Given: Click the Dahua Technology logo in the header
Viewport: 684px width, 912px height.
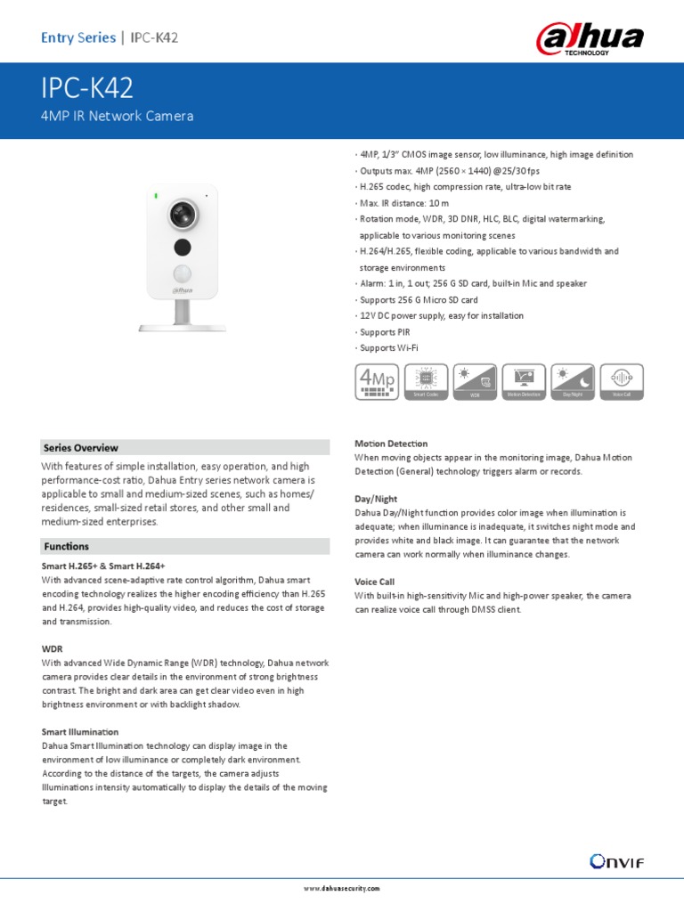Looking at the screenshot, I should tap(589, 38).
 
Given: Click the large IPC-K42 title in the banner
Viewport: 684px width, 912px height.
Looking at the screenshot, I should tap(87, 89).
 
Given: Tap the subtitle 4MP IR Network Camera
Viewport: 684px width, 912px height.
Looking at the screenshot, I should tap(117, 116).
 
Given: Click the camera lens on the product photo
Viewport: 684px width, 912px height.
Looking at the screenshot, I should tap(183, 213).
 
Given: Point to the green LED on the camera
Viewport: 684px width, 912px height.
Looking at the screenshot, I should tap(155, 195).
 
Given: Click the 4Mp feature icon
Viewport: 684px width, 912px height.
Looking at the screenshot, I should tap(376, 380).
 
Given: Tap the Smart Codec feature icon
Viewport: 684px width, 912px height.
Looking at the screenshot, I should tap(425, 380).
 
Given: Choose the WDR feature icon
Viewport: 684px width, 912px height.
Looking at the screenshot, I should tap(474, 380).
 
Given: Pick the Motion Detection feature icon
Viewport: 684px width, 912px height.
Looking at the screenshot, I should tap(524, 380).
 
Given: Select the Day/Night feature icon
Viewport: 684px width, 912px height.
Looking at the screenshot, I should tap(573, 380).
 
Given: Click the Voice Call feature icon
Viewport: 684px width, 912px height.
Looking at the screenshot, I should tap(622, 380).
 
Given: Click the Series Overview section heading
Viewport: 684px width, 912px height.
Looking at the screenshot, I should tap(81, 448).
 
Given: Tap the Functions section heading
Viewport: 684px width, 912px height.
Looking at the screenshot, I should tap(66, 546).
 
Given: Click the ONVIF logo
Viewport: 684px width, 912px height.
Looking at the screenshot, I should tap(616, 860).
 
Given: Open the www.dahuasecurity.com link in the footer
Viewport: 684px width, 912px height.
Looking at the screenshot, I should tap(342, 888).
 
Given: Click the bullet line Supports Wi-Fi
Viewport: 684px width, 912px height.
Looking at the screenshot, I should tap(388, 347).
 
